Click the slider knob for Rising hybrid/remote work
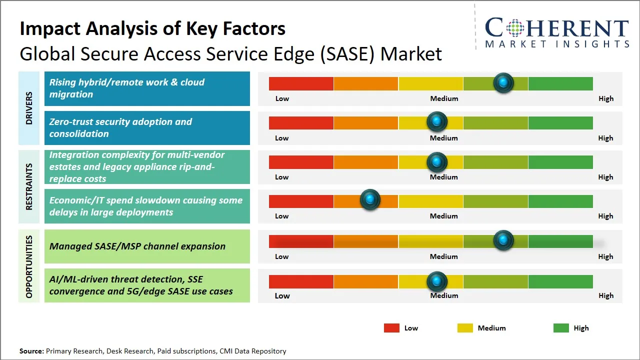click(x=503, y=82)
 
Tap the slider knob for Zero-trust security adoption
click(x=437, y=121)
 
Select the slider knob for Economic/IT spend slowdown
click(x=370, y=200)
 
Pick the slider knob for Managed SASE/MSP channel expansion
click(x=503, y=240)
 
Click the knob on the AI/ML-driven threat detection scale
click(x=437, y=281)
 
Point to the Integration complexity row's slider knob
click(x=437, y=161)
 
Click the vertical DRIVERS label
click(x=29, y=108)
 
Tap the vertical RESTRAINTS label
click(x=29, y=186)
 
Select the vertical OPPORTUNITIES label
click(x=29, y=266)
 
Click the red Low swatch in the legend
click(x=391, y=328)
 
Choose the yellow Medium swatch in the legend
click(x=465, y=328)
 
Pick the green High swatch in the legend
click(x=561, y=328)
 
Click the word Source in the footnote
click(x=31, y=351)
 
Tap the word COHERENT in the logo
click(x=556, y=28)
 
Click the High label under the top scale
click(x=606, y=98)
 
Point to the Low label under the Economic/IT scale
click(x=282, y=216)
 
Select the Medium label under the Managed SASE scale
click(x=444, y=256)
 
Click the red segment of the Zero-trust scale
click(x=301, y=122)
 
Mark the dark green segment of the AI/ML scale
click(x=560, y=281)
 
